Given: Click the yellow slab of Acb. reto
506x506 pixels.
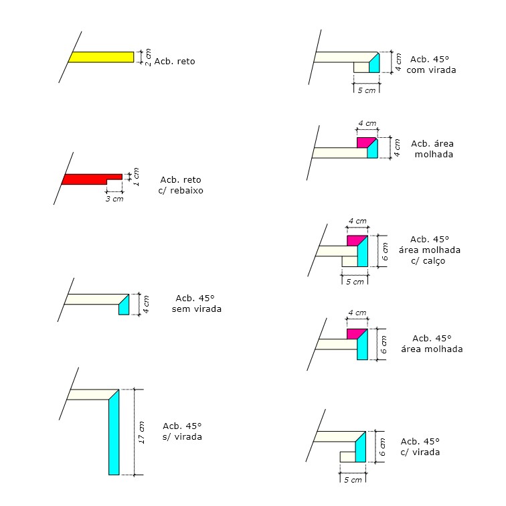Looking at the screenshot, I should (x=100, y=57).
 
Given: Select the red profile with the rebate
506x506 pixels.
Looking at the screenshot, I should (x=87, y=179).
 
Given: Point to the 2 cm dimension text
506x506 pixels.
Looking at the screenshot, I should (x=148, y=57).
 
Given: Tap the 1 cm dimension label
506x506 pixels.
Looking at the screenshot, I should (x=136, y=177).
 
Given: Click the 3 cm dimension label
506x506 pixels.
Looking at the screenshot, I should (x=114, y=199).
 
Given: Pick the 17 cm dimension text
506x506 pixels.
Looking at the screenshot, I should (x=141, y=432).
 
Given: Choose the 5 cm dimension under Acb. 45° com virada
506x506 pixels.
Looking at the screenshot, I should (x=366, y=90).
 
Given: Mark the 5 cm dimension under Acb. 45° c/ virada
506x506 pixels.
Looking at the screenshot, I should (x=352, y=480).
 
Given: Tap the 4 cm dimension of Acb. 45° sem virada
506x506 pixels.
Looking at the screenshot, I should (x=147, y=303).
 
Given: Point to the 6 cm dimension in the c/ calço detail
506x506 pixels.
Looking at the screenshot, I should (x=385, y=251).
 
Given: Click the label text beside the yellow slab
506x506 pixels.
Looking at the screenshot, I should (x=174, y=62).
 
